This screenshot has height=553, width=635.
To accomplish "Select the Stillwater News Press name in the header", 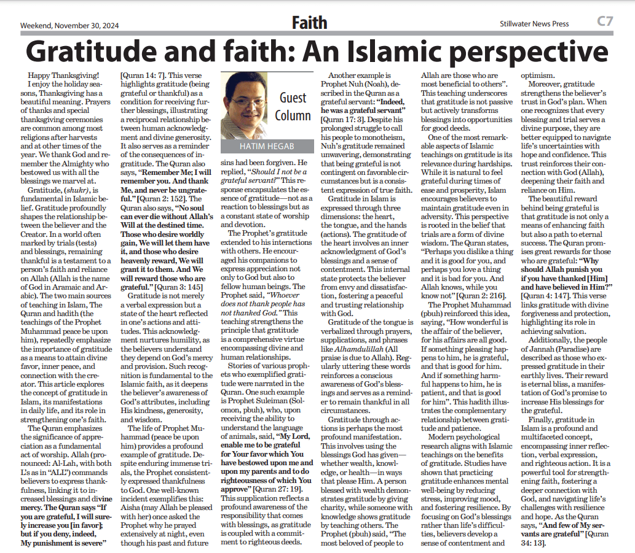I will [x=534, y=24].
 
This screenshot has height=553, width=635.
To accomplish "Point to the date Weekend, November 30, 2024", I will [x=69, y=26].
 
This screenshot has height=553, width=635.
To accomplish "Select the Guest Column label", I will [x=293, y=106].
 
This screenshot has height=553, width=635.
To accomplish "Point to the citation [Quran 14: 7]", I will [x=143, y=75].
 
